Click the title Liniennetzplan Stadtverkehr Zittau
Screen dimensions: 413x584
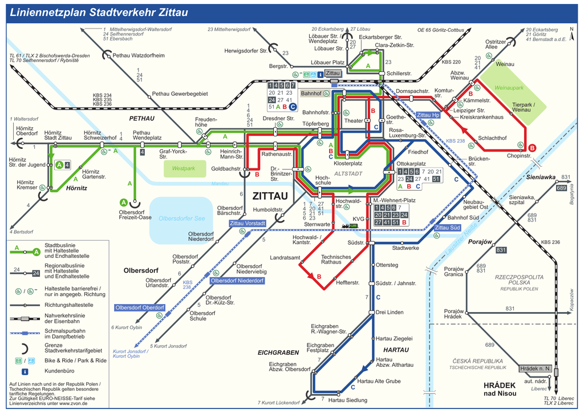pyautogui.click(x=99, y=13)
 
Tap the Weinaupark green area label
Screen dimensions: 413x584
pyautogui.click(x=509, y=88)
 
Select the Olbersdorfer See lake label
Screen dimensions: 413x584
pyautogui.click(x=181, y=218)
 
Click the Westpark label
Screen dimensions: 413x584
pyautogui.click(x=184, y=168)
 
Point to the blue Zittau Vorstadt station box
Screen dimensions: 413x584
pyautogui.click(x=248, y=224)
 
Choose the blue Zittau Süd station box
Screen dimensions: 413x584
pyautogui.click(x=447, y=228)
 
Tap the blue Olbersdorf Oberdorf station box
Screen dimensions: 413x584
pyautogui.click(x=140, y=307)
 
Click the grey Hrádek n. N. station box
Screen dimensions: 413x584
pyautogui.click(x=535, y=369)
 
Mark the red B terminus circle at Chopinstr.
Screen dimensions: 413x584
pyautogui.click(x=532, y=148)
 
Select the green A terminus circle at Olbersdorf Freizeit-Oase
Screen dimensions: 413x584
pyautogui.click(x=123, y=202)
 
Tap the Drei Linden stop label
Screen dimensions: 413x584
pyautogui.click(x=390, y=312)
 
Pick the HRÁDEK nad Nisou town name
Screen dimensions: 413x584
pyautogui.click(x=499, y=389)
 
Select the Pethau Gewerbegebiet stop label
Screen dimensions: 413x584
pyautogui.click(x=180, y=94)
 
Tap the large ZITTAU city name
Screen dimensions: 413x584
pyautogui.click(x=270, y=196)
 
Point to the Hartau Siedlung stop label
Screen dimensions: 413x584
pyautogui.click(x=348, y=400)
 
